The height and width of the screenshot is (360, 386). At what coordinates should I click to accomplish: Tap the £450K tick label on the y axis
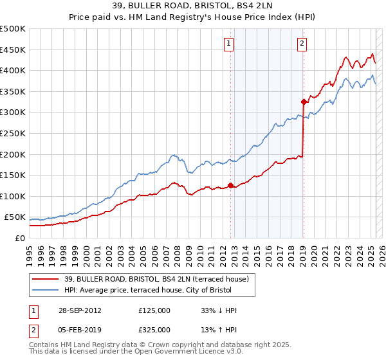coord(13,50)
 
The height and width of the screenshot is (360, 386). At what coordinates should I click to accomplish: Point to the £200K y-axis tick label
coord(13,154)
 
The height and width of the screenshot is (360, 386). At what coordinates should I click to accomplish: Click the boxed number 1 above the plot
coord(229,44)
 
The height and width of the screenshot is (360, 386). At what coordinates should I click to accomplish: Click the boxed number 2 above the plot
coord(302,44)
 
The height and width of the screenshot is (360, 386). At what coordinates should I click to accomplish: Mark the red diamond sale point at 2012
coord(230,186)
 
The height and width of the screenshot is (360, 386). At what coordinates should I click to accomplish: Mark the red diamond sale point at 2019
coord(303,102)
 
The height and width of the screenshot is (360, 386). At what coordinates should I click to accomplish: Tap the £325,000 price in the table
coord(154,329)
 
